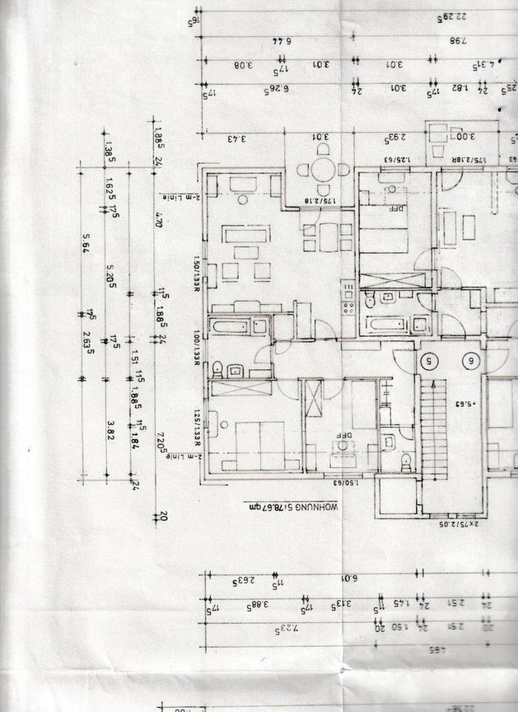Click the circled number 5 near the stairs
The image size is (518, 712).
point(427,363)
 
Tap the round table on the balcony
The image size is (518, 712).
point(323,170)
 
